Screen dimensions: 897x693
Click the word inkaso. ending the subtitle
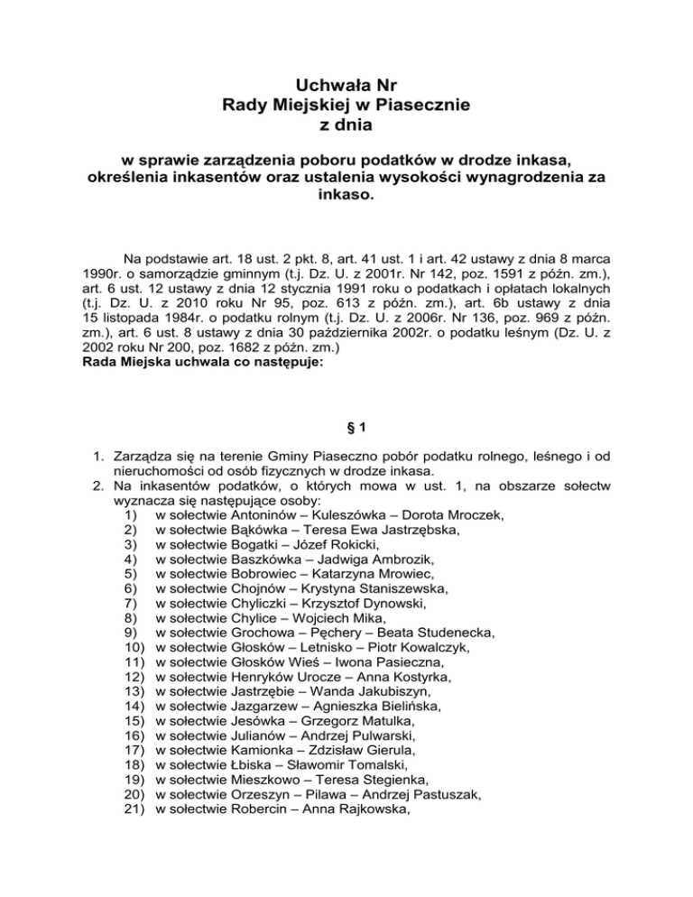tap(346, 193)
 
